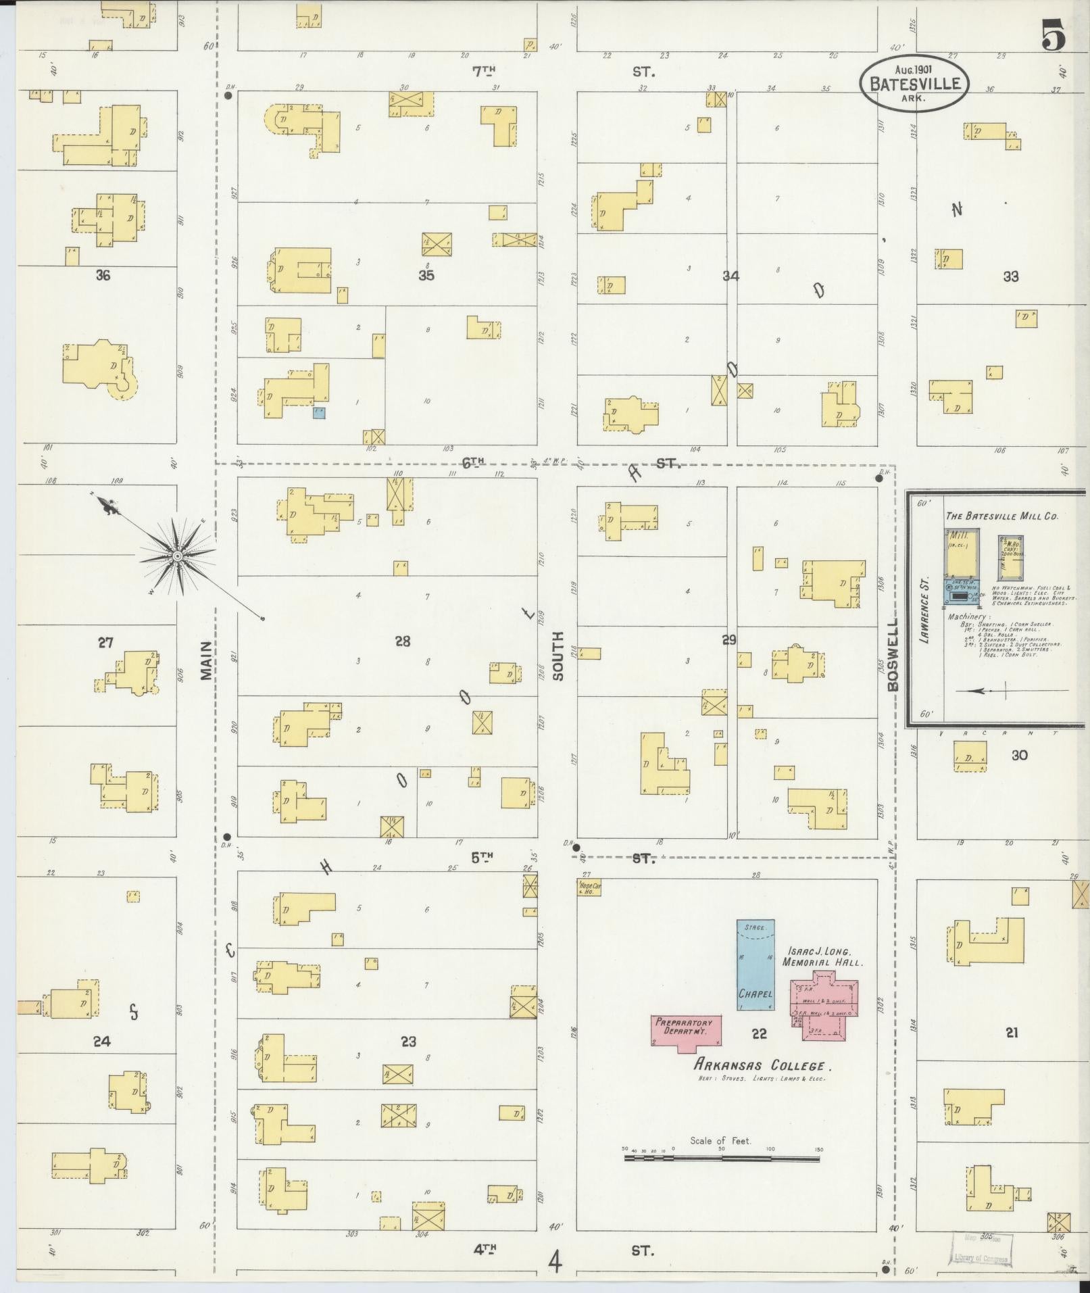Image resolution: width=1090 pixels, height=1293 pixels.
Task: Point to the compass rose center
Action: tap(177, 556)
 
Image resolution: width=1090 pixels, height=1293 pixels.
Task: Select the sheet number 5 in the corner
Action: tap(1054, 35)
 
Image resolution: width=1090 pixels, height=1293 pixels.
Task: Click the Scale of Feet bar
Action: tap(722, 1158)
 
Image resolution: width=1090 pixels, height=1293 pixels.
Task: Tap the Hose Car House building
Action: tap(589, 887)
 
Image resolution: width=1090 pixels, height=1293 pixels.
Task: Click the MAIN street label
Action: tap(207, 660)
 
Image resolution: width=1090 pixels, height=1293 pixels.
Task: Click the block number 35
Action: tap(426, 275)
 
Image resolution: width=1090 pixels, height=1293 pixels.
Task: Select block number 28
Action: tap(403, 641)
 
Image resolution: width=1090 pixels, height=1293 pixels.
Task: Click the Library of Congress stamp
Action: tap(983, 1248)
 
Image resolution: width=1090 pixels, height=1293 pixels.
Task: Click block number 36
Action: tap(103, 275)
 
